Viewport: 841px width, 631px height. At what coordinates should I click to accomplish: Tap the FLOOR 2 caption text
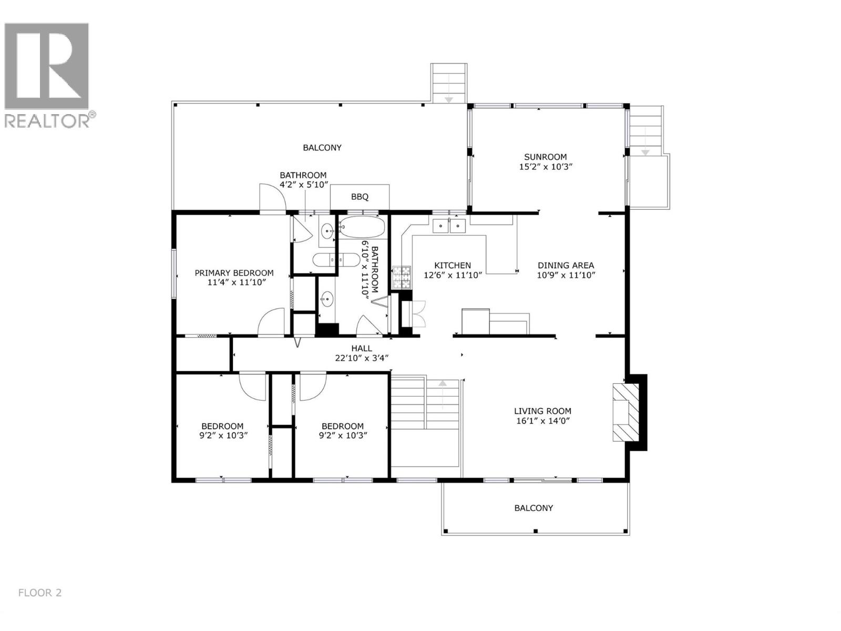click(x=40, y=593)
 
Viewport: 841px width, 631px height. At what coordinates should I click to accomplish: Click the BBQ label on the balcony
click(x=360, y=197)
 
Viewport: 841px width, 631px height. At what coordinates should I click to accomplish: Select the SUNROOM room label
click(x=545, y=157)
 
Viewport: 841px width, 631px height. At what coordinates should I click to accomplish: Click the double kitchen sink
click(x=449, y=226)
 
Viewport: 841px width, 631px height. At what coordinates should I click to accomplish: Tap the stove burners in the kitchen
click(x=402, y=277)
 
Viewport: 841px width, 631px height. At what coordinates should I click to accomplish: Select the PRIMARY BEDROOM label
click(x=234, y=273)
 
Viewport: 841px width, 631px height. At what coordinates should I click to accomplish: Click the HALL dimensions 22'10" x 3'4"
click(x=362, y=358)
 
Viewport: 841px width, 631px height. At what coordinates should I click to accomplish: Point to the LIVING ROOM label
click(x=542, y=411)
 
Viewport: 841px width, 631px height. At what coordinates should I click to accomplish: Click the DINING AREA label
click(x=566, y=266)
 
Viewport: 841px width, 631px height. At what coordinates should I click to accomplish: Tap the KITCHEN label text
click(x=452, y=266)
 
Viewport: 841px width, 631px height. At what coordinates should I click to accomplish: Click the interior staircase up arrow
click(x=443, y=392)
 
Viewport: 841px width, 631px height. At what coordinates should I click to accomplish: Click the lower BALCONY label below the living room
click(x=534, y=508)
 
